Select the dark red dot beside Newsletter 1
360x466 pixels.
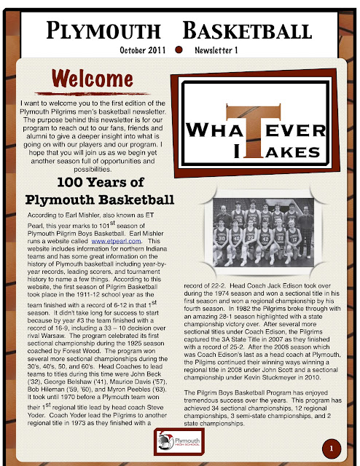point(178,51)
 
